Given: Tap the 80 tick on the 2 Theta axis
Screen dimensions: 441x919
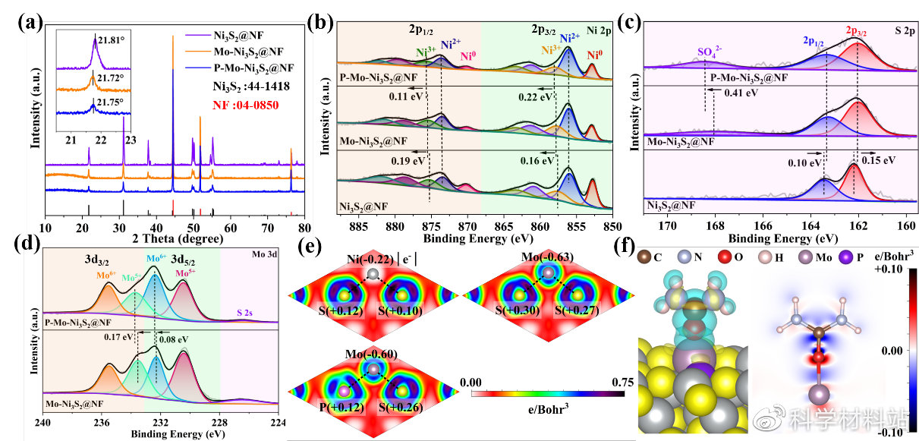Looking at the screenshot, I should coord(304,227).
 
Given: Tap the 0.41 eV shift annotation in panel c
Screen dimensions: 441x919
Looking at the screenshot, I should coord(742,93).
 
